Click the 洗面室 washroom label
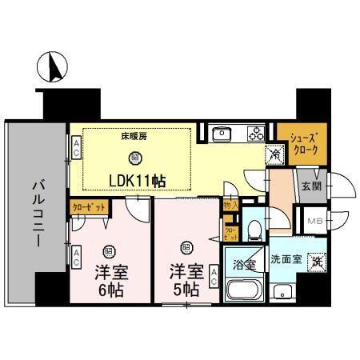coord(286,259)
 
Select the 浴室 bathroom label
coord(244,262)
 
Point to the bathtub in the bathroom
coord(245,290)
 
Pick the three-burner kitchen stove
coord(255,133)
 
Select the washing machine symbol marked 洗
coord(317,261)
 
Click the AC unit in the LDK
coord(76,146)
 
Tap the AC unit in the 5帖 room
coord(214,277)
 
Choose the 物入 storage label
coord(230,206)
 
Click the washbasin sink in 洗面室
coord(282,291)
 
